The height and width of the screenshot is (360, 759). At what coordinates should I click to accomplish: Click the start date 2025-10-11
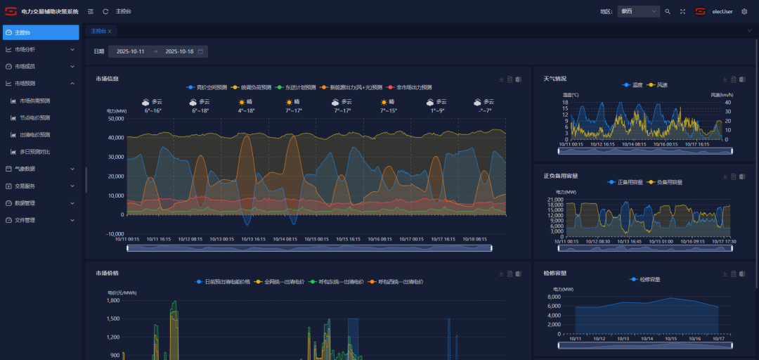[x=131, y=51]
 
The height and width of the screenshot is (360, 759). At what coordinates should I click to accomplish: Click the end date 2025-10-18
[x=179, y=51]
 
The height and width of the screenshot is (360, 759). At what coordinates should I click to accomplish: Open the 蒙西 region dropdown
[x=638, y=11]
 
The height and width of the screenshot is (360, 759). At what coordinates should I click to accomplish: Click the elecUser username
[x=722, y=11]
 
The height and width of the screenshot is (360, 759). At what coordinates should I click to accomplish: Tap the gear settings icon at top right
[x=744, y=11]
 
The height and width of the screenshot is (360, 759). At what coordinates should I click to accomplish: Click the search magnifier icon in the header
[x=668, y=11]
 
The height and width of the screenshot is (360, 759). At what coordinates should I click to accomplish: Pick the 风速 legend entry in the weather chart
[x=661, y=85]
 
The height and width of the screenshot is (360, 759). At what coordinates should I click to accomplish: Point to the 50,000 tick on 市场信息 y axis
[x=115, y=118]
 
